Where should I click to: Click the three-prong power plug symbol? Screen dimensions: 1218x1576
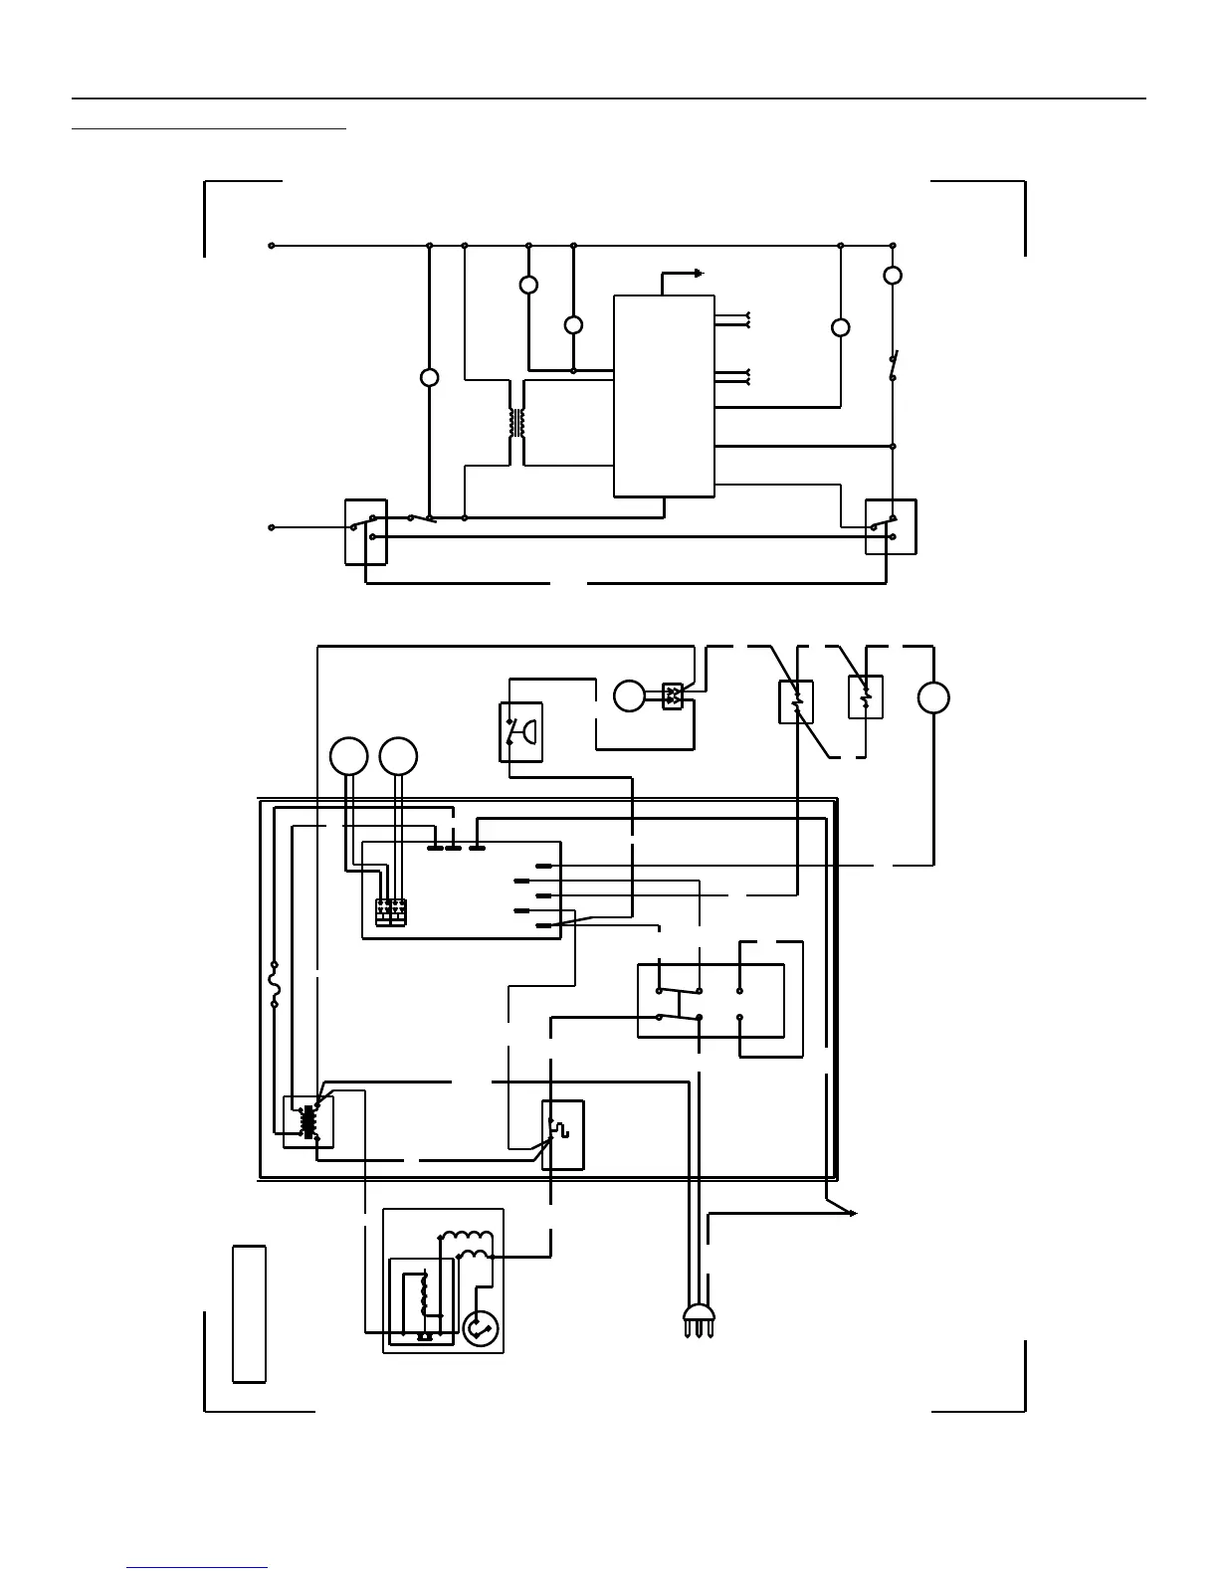[699, 1318]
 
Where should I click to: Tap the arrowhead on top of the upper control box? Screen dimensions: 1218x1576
[700, 273]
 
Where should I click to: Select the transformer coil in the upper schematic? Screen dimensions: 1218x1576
[516, 423]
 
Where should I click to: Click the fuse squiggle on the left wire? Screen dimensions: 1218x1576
[275, 985]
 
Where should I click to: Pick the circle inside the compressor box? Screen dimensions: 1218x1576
[481, 1328]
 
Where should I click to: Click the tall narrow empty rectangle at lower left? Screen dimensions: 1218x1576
[249, 1313]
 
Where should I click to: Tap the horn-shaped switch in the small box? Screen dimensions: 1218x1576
[520, 732]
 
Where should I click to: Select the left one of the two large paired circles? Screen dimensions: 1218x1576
[349, 757]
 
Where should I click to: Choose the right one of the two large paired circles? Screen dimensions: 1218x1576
[398, 757]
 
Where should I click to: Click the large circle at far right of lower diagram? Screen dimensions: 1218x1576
[933, 697]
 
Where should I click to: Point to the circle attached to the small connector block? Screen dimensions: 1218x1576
[629, 696]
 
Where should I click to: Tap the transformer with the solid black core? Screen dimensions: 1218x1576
[307, 1121]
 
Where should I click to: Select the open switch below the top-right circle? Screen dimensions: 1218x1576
[893, 365]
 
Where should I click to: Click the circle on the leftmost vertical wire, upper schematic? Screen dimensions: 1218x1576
[430, 378]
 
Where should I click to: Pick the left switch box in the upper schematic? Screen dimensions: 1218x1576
[365, 531]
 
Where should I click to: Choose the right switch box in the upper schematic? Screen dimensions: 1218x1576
[890, 526]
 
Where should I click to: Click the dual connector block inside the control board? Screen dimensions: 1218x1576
[391, 911]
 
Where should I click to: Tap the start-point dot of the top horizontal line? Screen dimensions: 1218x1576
[272, 246]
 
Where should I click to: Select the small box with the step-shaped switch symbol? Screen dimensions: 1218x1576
[562, 1134]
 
